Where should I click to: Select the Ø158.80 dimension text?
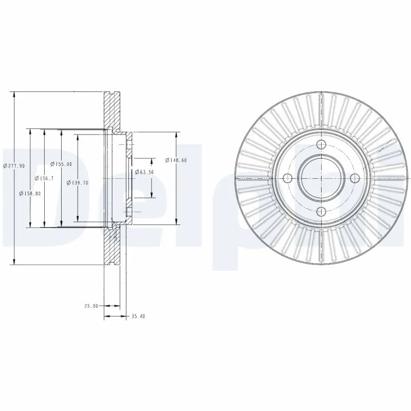(29, 193)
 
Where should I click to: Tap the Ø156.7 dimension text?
(45, 178)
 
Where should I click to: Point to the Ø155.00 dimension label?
(62, 164)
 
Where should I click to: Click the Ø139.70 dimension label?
(78, 182)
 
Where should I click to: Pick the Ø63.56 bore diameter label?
(144, 172)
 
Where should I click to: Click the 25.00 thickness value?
(91, 306)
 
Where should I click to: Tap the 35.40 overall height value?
(139, 316)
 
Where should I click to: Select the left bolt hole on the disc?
(288, 178)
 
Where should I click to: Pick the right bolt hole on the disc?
(354, 178)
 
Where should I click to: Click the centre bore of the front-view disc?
(321, 178)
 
